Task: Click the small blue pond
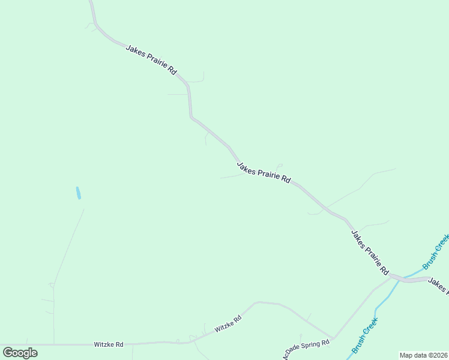78,193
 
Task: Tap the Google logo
20,353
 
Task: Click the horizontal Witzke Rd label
109,344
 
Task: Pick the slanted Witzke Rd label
228,323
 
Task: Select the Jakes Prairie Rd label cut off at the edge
438,286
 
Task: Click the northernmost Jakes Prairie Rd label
151,59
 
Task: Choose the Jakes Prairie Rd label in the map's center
264,172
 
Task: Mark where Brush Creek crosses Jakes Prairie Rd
401,278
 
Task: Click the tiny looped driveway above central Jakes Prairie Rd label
279,166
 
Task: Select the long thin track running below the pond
67,246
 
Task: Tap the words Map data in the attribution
412,355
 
